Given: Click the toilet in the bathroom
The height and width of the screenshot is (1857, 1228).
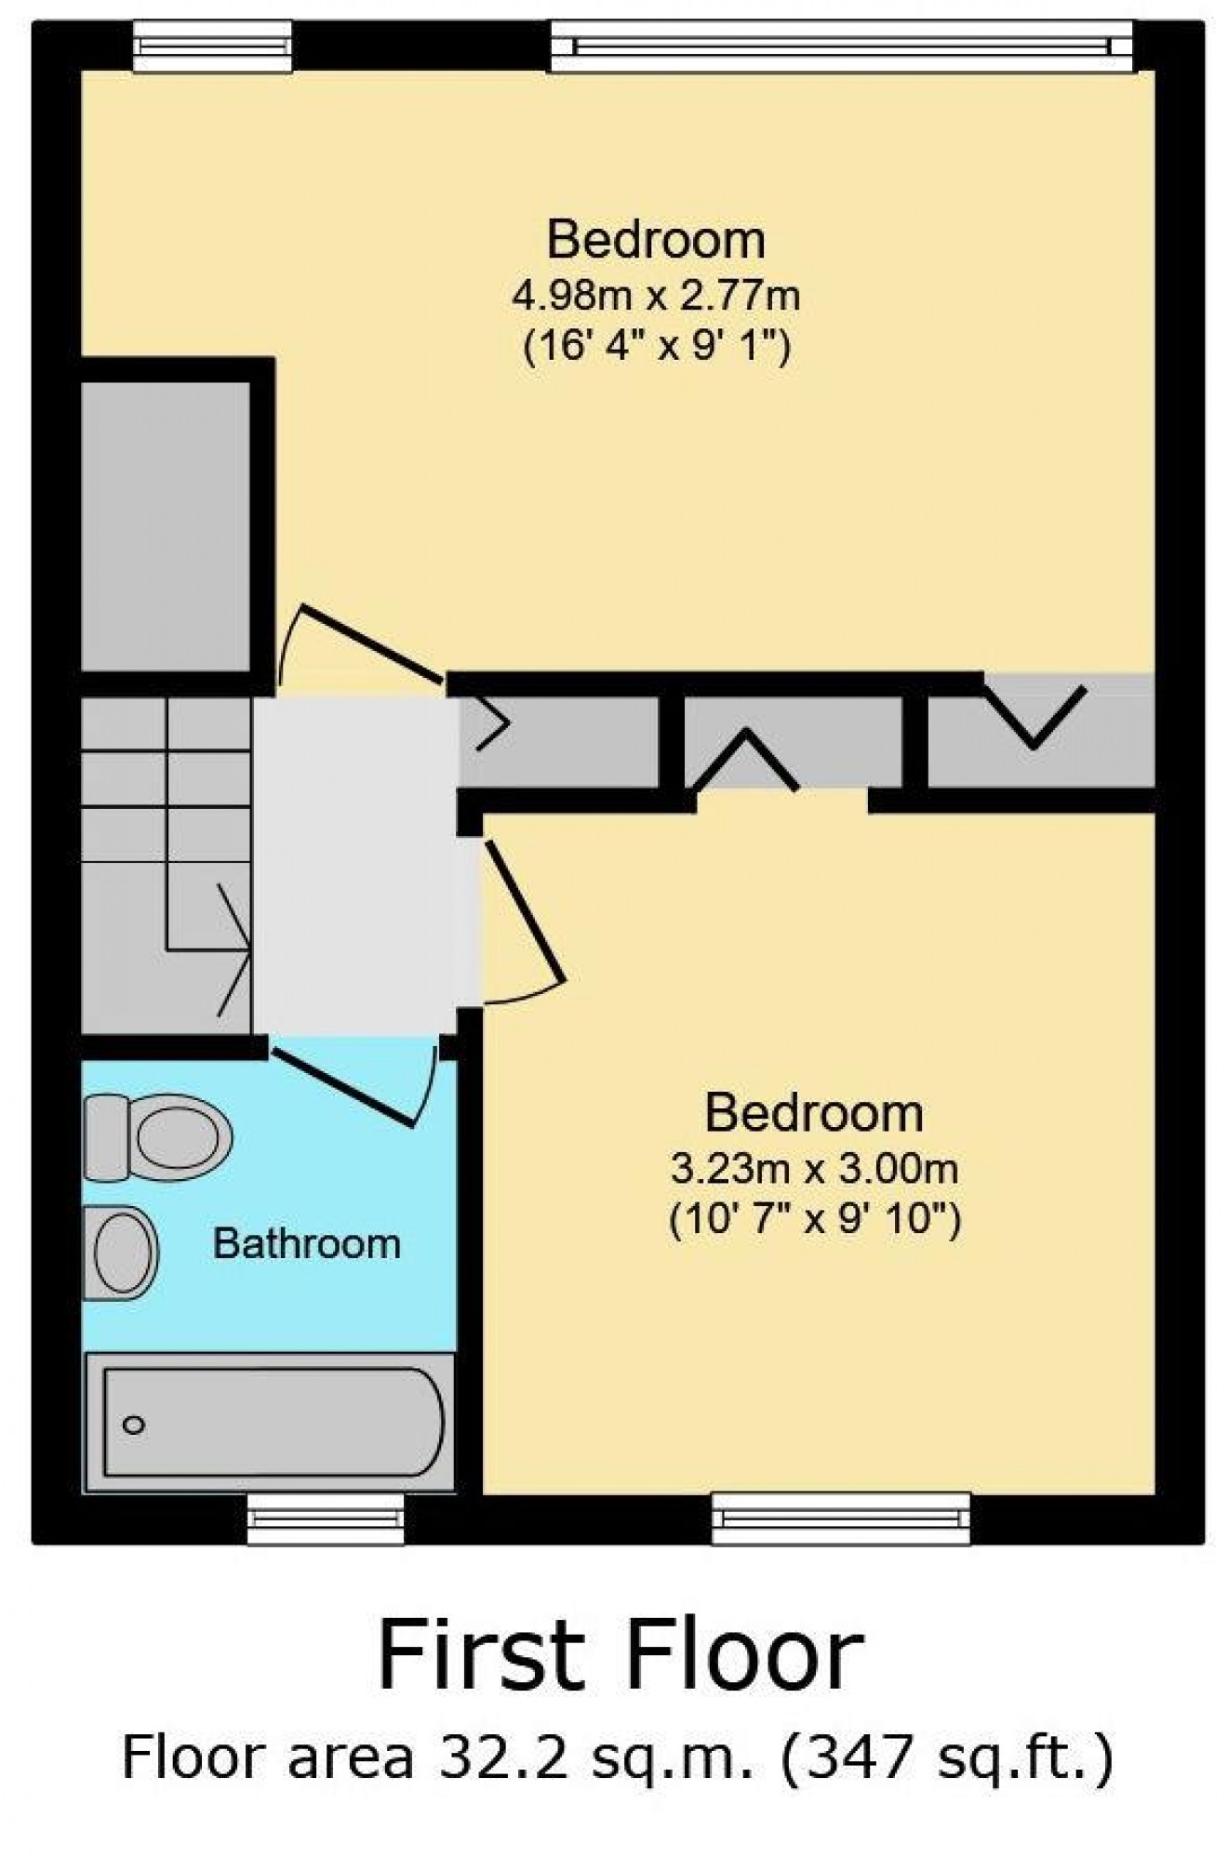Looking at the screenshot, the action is tap(158, 1136).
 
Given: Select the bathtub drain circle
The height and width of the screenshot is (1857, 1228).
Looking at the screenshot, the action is tap(134, 1424).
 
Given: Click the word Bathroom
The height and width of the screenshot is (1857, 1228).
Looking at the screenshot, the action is tap(307, 1243).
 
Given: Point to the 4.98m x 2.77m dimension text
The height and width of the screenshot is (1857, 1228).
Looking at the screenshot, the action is tap(657, 297).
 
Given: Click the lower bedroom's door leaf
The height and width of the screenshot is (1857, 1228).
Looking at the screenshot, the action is tap(524, 911).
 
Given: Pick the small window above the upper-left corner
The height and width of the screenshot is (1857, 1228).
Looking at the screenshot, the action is tap(212, 46).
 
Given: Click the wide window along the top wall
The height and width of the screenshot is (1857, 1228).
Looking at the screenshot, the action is tap(842, 46).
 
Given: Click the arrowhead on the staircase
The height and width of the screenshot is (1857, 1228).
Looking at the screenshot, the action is tap(234, 949).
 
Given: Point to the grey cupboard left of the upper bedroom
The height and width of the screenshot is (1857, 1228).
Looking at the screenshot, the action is tap(166, 525).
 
